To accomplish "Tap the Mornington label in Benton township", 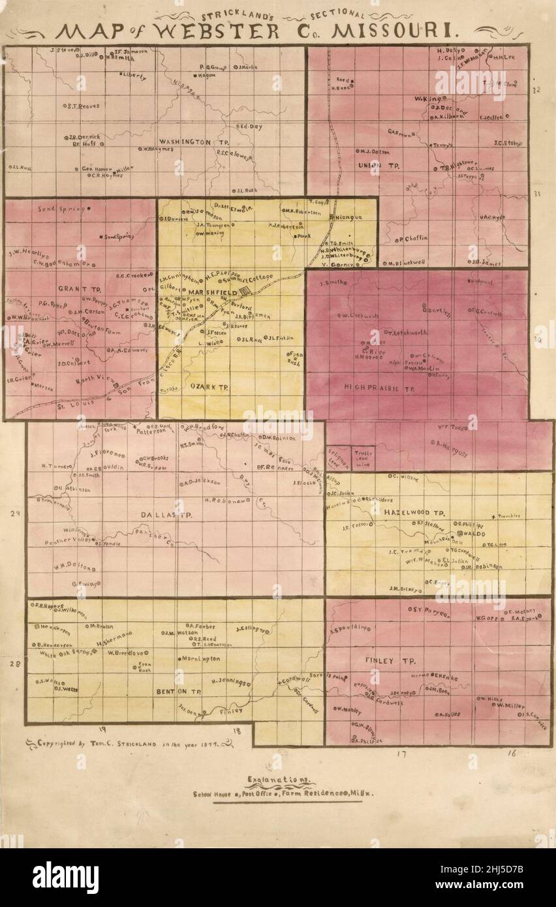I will tap(202, 659).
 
